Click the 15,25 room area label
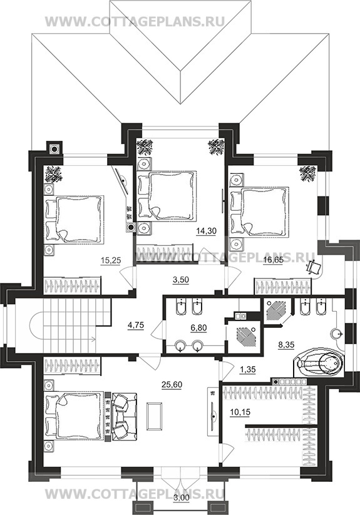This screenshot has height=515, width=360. [111, 260]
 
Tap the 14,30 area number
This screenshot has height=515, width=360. [206, 231]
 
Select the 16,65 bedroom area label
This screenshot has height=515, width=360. [273, 260]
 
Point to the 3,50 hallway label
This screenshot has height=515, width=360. [181, 280]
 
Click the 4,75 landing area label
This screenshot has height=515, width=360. [136, 325]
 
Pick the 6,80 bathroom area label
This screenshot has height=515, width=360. [198, 327]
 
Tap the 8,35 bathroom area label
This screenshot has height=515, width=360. [285, 345]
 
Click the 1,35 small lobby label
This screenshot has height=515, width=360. [247, 369]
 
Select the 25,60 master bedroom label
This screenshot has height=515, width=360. [172, 384]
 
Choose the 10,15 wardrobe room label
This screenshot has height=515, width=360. [239, 412]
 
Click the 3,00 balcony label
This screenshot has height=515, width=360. [181, 507]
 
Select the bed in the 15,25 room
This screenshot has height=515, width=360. [75, 220]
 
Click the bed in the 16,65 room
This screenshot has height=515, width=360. [259, 212]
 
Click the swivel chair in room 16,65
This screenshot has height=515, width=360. [313, 267]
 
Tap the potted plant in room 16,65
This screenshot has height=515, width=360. [308, 174]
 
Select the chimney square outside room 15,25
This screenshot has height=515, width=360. [54, 148]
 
